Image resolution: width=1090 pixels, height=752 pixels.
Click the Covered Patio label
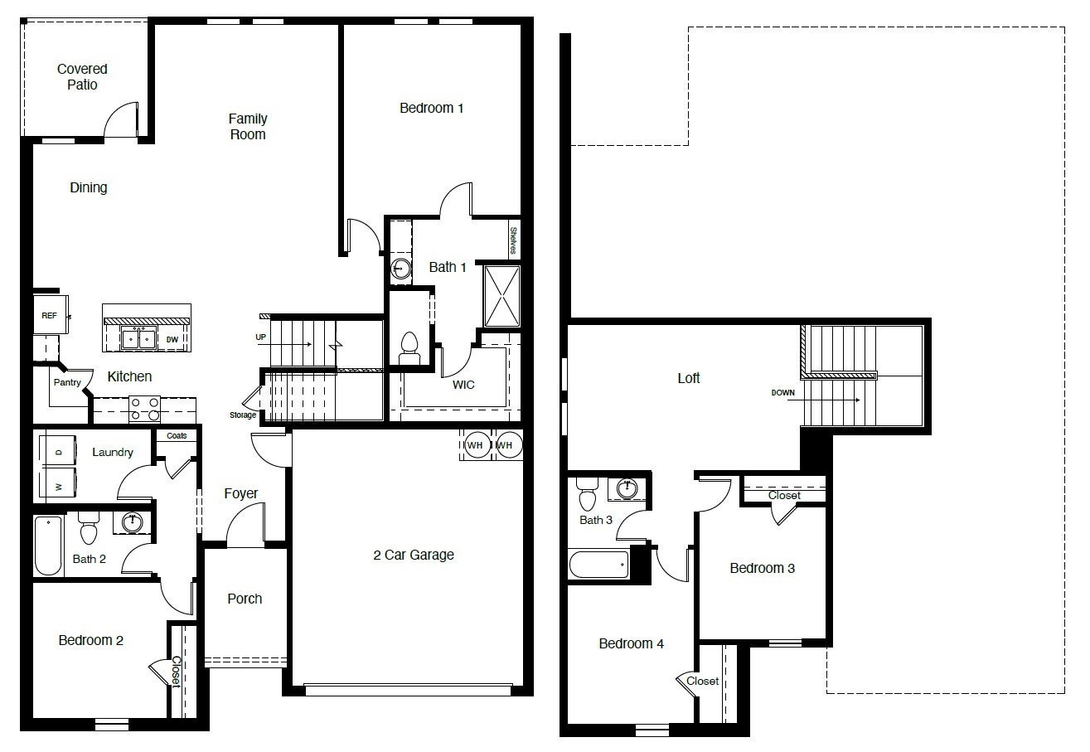pyautogui.click(x=82, y=77)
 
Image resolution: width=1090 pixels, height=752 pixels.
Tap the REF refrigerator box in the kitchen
pyautogui.click(x=49, y=316)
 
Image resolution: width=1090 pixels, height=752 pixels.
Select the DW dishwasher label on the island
pyautogui.click(x=172, y=339)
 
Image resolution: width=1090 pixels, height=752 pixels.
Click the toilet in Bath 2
pyautogui.click(x=88, y=526)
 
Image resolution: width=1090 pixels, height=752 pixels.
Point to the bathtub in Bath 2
pyautogui.click(x=49, y=545)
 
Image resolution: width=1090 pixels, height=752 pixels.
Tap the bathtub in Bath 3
pyautogui.click(x=598, y=565)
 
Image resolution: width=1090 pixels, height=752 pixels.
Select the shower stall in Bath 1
pyautogui.click(x=501, y=296)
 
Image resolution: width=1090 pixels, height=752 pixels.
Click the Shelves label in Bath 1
pyautogui.click(x=514, y=240)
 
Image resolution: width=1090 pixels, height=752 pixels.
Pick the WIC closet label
pyautogui.click(x=463, y=385)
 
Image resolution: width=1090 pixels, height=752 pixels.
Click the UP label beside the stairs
pyautogui.click(x=260, y=337)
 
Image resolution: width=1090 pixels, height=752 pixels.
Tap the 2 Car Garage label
pyautogui.click(x=413, y=555)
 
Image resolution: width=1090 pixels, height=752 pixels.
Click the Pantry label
pyautogui.click(x=67, y=382)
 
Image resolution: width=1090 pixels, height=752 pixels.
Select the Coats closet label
pyautogui.click(x=177, y=435)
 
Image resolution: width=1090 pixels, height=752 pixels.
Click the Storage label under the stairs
pyautogui.click(x=243, y=415)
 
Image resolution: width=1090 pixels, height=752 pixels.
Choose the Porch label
pyautogui.click(x=245, y=599)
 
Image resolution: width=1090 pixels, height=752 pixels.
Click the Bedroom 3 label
pyautogui.click(x=762, y=568)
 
